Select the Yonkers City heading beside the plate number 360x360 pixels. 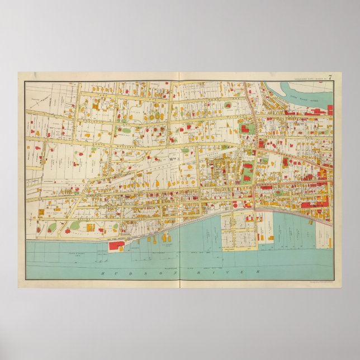[311, 77]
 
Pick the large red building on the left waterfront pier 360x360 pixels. [116, 245]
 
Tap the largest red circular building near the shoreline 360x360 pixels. [235, 205]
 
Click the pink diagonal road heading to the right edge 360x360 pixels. [296, 156]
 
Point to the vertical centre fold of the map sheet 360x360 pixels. [177, 179]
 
